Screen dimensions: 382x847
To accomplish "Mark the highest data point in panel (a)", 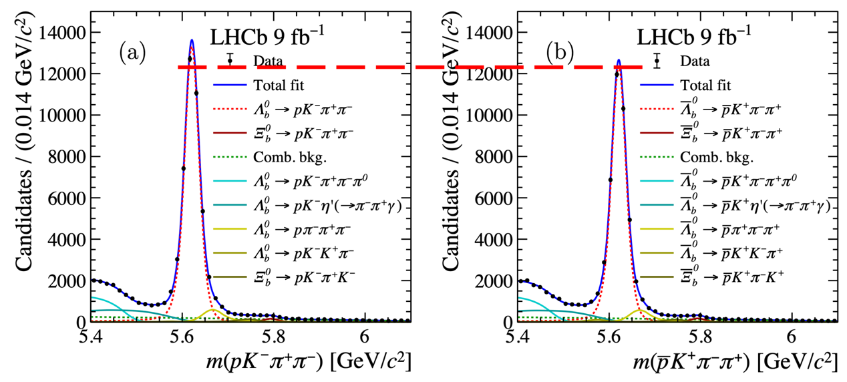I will [x=190, y=59].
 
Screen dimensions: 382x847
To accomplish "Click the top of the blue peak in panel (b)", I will [x=619, y=60].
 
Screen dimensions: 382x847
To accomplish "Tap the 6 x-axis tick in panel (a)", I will [x=365, y=333].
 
